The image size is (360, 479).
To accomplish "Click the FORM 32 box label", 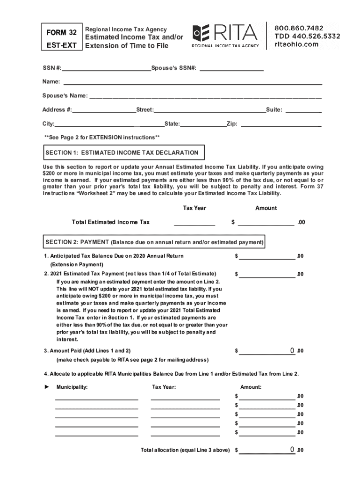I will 61,32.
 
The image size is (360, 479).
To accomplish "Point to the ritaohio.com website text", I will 296,44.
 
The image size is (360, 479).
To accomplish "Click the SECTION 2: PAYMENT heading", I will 154,242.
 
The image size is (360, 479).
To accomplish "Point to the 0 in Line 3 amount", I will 292,350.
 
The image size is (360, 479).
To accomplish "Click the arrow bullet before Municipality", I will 46,387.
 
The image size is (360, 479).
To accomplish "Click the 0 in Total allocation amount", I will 292,450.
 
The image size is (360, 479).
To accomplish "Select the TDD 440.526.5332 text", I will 307,36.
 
